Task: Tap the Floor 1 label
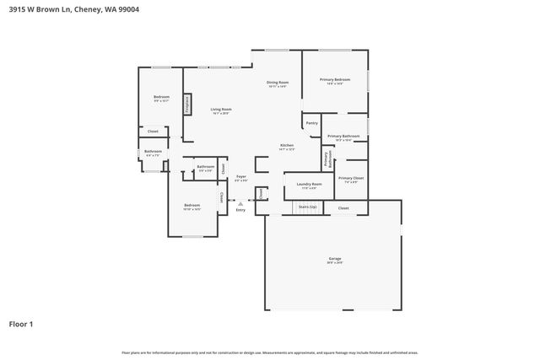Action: [x=22, y=323]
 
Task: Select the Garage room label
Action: [x=335, y=259]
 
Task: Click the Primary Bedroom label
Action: [x=335, y=80]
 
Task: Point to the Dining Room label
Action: [x=278, y=83]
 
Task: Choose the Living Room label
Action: [x=221, y=110]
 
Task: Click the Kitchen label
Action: [x=287, y=146]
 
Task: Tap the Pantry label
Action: [x=312, y=123]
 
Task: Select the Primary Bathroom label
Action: [x=343, y=137]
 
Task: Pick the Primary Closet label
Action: [x=351, y=179]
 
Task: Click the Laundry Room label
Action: [x=304, y=185]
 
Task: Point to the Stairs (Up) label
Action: [x=308, y=207]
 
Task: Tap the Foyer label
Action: [x=240, y=177]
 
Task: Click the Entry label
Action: [x=240, y=209]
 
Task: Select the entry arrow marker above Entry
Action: [x=240, y=202]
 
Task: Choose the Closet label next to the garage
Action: [x=343, y=207]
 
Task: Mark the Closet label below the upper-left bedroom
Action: [x=153, y=132]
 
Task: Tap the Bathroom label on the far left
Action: [x=153, y=153]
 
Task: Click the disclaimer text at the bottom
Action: [x=270, y=352]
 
